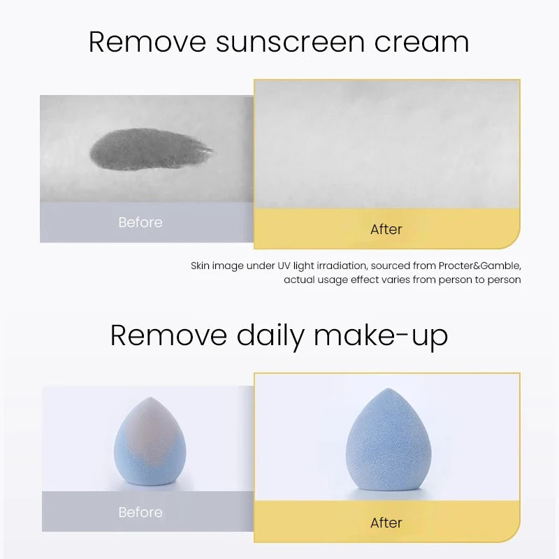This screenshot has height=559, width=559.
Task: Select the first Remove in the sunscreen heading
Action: click(147, 42)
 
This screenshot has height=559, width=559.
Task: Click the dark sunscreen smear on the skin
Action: click(150, 148)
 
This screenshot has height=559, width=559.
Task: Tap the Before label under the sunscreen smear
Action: click(140, 222)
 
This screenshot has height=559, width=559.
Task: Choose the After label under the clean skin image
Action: click(386, 229)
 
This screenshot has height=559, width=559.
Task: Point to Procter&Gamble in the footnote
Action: click(481, 266)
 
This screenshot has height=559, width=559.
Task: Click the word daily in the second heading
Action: click(270, 336)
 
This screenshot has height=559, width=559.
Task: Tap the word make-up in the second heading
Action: click(381, 336)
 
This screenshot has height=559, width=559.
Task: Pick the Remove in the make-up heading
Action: click(168, 336)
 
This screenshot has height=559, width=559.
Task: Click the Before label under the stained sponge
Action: click(140, 512)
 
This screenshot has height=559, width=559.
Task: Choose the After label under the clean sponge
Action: click(386, 523)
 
